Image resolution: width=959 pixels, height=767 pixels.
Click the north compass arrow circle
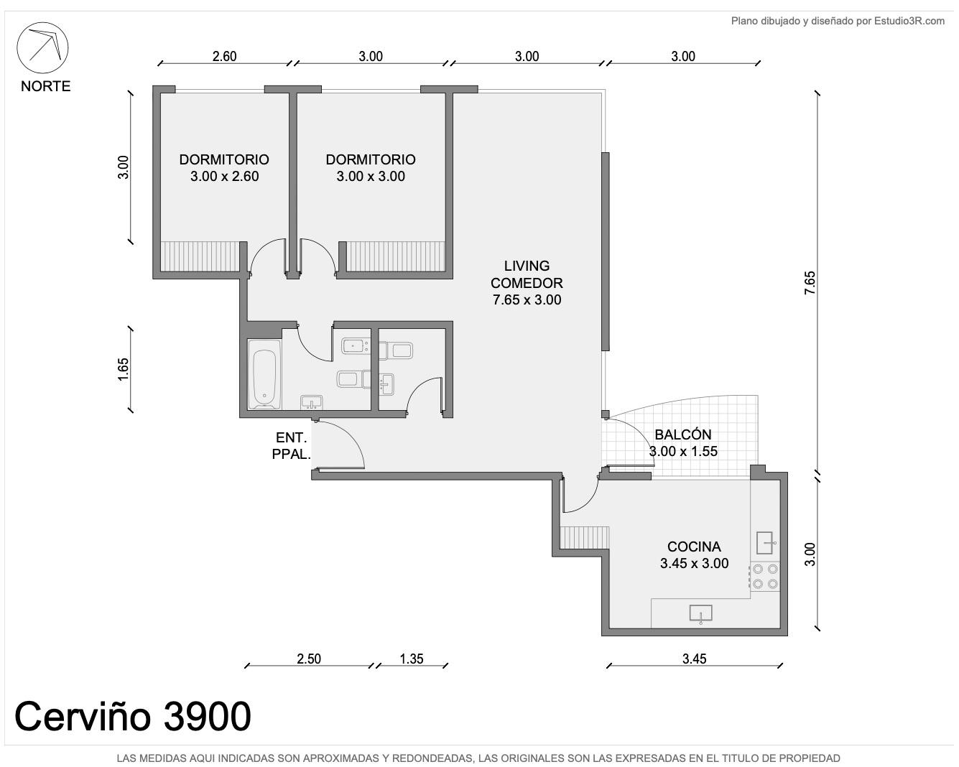tap(42, 23)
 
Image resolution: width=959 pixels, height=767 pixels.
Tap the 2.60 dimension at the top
tap(224, 57)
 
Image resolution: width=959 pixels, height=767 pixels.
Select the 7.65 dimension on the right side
tap(810, 282)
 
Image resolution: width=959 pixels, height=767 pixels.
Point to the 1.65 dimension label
tap(123, 369)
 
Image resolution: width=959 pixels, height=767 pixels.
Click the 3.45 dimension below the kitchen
tap(695, 659)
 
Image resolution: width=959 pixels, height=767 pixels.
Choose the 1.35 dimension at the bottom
tap(412, 659)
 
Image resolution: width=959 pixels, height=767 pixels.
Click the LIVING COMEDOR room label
tap(527, 282)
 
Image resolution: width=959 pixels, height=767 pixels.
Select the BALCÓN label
tap(683, 434)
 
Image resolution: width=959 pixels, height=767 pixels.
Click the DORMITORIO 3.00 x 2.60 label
tap(224, 167)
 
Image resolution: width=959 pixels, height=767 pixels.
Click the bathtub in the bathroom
tap(264, 374)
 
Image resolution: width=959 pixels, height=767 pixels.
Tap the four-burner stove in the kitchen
tap(765, 576)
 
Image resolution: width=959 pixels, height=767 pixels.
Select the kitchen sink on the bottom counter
tap(700, 613)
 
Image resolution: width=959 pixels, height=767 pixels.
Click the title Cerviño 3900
tap(133, 717)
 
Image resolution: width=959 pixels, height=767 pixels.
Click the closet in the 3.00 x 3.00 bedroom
tap(396, 256)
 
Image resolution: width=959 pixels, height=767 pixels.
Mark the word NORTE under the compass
tap(45, 86)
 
